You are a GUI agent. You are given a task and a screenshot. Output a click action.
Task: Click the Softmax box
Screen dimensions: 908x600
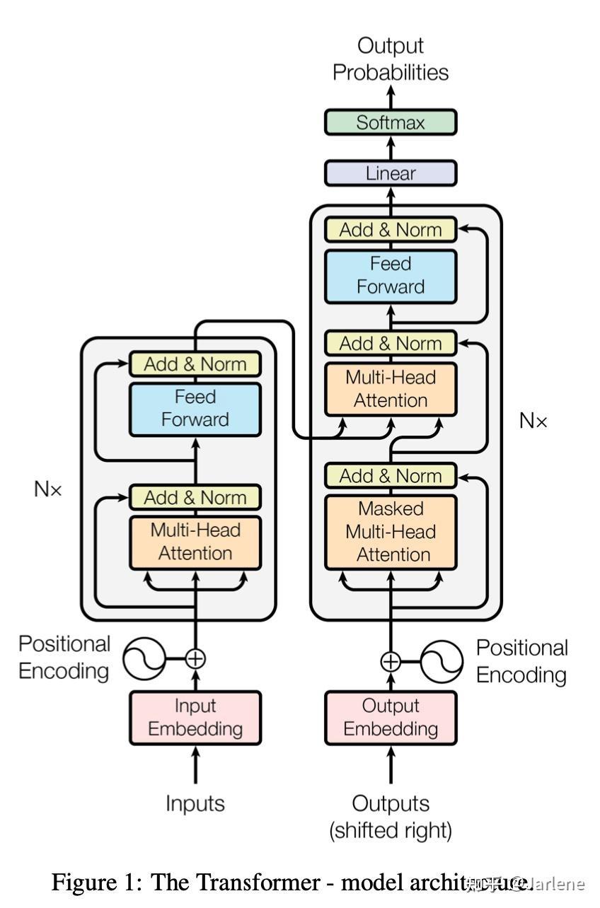tap(390, 122)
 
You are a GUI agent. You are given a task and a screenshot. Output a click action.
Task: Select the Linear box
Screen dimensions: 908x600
tap(390, 173)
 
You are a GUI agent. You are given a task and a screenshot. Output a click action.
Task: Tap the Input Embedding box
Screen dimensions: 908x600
tap(195, 717)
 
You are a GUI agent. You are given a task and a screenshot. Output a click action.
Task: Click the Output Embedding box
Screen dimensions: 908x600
tap(390, 717)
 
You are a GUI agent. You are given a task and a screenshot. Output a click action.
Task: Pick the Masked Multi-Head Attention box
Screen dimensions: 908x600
tap(390, 532)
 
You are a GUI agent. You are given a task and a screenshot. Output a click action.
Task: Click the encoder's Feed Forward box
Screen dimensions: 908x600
tap(195, 409)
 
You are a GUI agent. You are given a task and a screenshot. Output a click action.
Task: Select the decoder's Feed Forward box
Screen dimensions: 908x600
tap(390, 276)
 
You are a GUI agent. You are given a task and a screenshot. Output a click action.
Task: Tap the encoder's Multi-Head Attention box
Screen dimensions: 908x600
tap(195, 542)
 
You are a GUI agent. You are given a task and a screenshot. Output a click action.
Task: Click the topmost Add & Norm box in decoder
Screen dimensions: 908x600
tap(390, 230)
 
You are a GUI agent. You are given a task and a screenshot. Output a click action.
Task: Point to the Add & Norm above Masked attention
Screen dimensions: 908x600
tap(390, 476)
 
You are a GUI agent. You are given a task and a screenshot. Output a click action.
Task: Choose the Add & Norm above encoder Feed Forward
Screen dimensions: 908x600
tap(195, 364)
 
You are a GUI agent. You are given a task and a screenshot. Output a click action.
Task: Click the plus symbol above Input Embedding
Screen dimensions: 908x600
tap(195, 659)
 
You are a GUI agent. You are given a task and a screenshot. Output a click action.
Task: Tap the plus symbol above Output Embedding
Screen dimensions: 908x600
tap(391, 662)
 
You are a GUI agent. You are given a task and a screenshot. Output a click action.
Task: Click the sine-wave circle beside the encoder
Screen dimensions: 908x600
tap(144, 659)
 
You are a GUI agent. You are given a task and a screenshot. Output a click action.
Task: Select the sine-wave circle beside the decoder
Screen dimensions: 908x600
tap(442, 662)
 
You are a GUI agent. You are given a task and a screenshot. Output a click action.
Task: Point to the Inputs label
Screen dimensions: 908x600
tap(195, 803)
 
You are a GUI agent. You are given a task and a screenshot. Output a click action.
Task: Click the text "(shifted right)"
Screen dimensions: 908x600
tap(391, 830)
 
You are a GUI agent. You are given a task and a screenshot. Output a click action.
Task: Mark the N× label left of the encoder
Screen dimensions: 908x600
tap(48, 489)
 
